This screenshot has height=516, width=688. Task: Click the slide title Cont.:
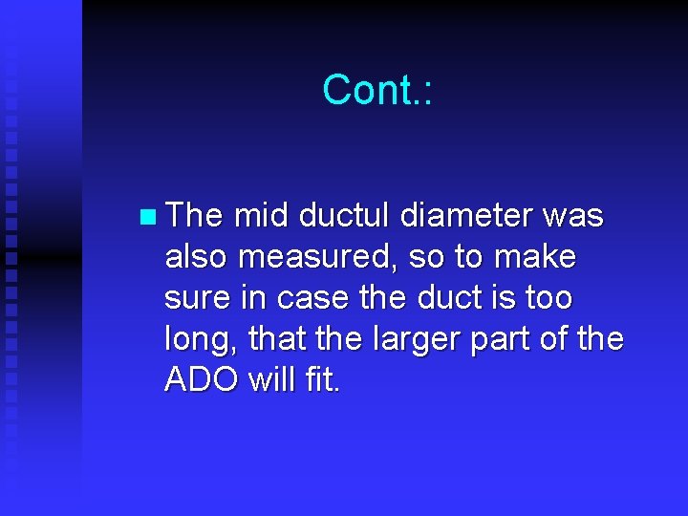point(377,90)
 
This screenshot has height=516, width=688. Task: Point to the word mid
point(261,216)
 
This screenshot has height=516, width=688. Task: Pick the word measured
point(325,257)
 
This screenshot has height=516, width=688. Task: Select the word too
point(548,298)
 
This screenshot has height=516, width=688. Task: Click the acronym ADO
point(202,380)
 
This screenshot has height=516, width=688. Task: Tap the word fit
point(320,380)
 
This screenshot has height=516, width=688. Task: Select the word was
point(572,216)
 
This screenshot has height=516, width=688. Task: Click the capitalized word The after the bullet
point(194,216)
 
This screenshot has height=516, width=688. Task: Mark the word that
point(275,339)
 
